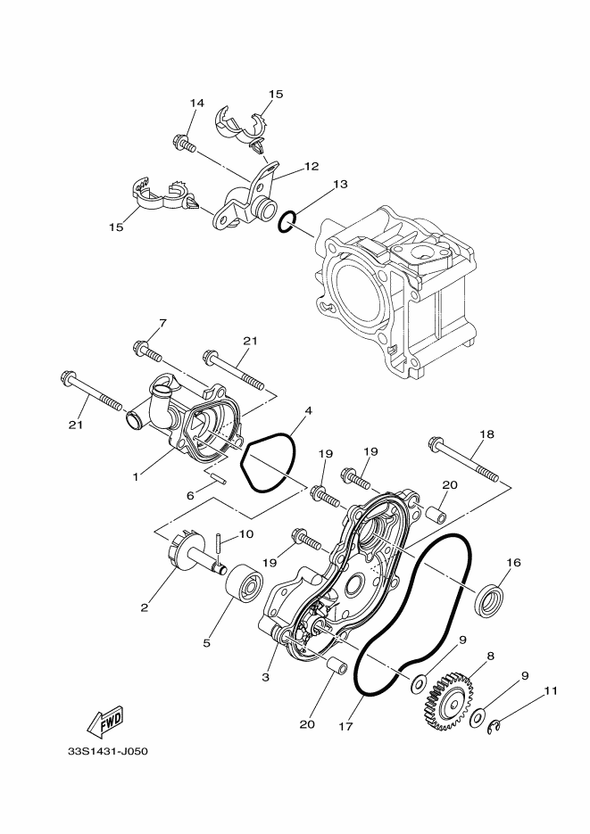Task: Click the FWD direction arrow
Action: [x=106, y=719]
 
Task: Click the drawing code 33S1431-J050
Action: [x=105, y=750]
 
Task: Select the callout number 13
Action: [x=315, y=185]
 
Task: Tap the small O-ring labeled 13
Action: [x=287, y=222]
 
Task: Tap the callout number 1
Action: [x=137, y=477]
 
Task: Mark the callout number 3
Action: [x=265, y=678]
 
